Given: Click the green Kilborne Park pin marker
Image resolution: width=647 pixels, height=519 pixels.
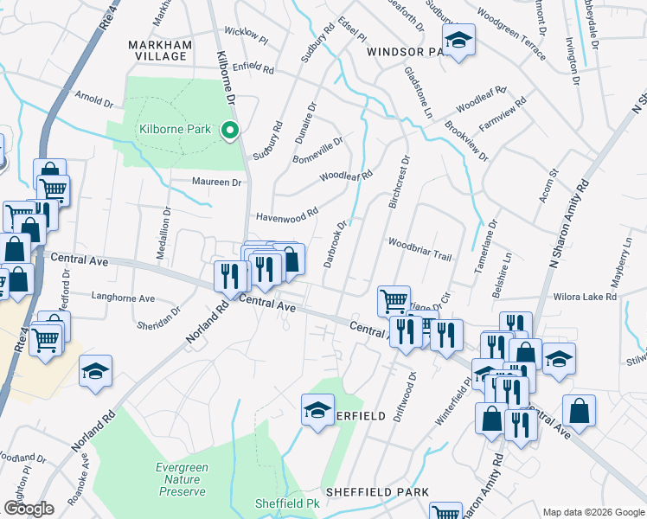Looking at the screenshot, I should point(230,131).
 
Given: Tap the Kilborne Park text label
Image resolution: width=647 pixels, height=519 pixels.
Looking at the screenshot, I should point(175,130).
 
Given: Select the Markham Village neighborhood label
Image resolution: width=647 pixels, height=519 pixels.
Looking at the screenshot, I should point(157,49).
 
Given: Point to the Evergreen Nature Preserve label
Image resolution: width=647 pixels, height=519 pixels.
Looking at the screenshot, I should point(182,479).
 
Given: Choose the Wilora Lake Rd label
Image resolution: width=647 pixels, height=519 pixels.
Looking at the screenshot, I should point(586,297).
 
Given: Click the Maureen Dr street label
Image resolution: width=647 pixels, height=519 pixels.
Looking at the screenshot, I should point(217,183).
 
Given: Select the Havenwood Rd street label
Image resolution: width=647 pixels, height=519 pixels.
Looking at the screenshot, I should point(285,214).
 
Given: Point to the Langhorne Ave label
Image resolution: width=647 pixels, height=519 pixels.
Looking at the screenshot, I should point(124,298).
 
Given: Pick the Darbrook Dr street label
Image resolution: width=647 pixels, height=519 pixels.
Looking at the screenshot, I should point(336,241).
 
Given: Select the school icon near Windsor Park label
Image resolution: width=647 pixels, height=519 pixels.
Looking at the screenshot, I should point(458,40).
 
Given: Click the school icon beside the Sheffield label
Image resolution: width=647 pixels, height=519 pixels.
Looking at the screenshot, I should point(317,409).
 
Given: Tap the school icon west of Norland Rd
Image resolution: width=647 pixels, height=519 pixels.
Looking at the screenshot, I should point(95,371).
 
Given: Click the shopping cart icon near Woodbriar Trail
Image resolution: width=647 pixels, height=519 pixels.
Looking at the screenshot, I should point(394,301).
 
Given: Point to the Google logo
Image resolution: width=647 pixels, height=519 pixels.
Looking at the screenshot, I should point(28,509).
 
